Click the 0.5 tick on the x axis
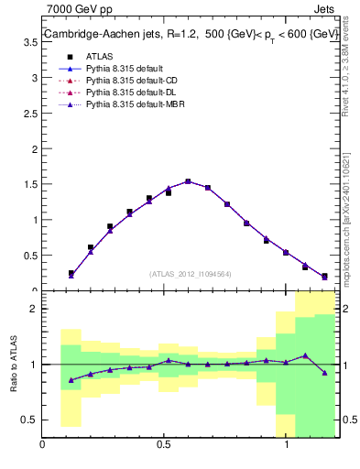pyautogui.click(x=164, y=446)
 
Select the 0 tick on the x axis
pyautogui.click(x=42, y=446)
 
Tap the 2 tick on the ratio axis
pyautogui.click(x=33, y=310)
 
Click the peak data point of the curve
pyautogui.click(x=188, y=181)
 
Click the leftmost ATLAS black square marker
pyautogui.click(x=71, y=273)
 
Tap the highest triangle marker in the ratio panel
pyautogui.click(x=305, y=355)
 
